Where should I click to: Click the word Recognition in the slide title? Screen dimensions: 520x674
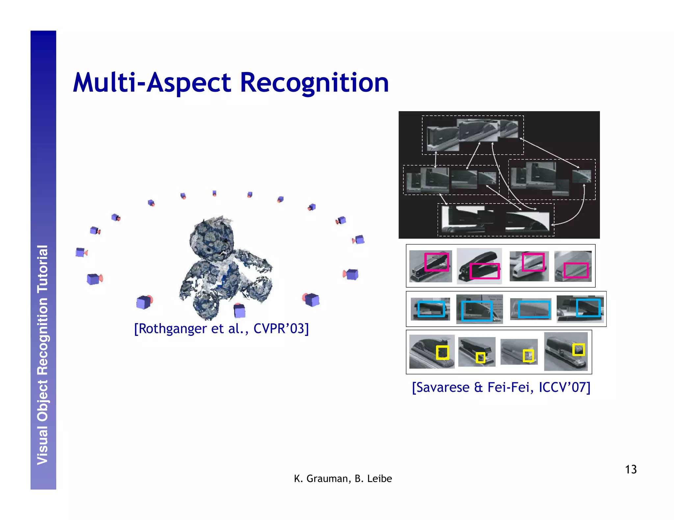tap(314, 83)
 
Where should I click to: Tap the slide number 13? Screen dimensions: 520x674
tap(631, 469)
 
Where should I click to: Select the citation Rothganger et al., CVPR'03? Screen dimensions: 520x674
tap(221, 328)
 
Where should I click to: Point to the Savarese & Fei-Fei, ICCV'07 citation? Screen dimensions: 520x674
tap(501, 387)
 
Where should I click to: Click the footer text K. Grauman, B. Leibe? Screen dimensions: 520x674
tap(343, 479)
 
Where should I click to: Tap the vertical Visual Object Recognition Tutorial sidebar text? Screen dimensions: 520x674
tap(43, 355)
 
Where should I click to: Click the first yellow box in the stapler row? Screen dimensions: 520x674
tap(442, 353)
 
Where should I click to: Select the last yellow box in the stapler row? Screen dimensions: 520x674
tap(578, 349)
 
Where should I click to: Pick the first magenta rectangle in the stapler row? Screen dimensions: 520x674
tap(436, 262)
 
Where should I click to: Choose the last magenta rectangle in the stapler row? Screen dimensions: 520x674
tap(576, 270)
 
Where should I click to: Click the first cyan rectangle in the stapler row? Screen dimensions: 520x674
tap(431, 309)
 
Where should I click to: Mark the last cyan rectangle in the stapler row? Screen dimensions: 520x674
tap(588, 308)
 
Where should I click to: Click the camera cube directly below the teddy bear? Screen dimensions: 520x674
tap(239, 311)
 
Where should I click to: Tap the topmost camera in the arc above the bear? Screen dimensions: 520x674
tap(214, 193)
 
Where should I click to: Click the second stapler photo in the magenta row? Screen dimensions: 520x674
tap(479, 266)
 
